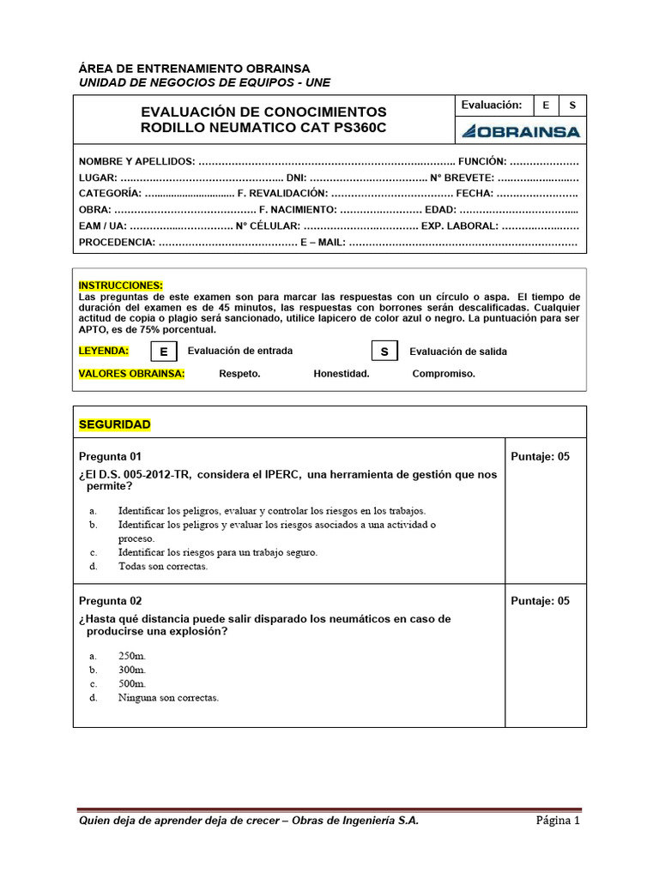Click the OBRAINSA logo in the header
520,131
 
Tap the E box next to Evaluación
545,105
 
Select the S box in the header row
572,105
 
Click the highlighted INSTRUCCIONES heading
120,286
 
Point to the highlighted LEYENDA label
104,351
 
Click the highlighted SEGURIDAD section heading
114,424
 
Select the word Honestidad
342,374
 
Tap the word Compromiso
444,374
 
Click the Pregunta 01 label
110,456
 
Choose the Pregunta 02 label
110,601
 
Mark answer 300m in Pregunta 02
132,669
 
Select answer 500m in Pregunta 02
132,683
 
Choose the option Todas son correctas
163,566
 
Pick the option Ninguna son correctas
168,698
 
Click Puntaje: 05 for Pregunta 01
540,456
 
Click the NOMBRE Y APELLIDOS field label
137,161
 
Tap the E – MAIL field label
322,243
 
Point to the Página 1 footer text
559,821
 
